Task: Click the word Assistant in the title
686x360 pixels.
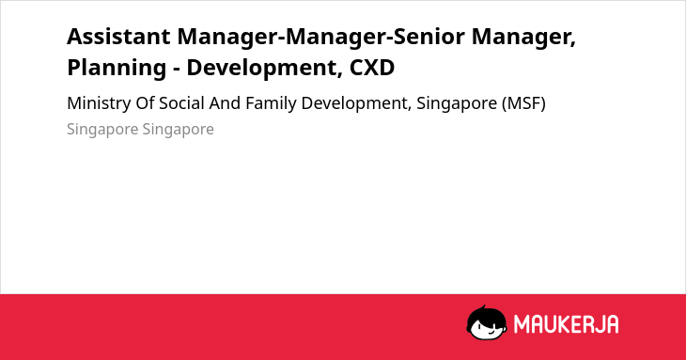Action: tap(118, 37)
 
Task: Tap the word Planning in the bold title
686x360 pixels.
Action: tap(117, 69)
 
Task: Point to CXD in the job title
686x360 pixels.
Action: tap(372, 68)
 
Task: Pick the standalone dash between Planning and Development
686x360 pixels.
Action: tap(177, 70)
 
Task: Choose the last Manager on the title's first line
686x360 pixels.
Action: tap(523, 38)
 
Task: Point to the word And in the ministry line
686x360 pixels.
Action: tap(225, 103)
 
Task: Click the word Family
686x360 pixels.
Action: tap(272, 103)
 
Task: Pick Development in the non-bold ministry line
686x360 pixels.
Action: tap(356, 103)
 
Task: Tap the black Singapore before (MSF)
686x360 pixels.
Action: tap(457, 104)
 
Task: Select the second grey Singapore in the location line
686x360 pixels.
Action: tap(178, 130)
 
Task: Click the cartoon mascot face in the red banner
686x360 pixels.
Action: tap(486, 323)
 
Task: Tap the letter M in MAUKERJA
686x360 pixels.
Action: tap(522, 324)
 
